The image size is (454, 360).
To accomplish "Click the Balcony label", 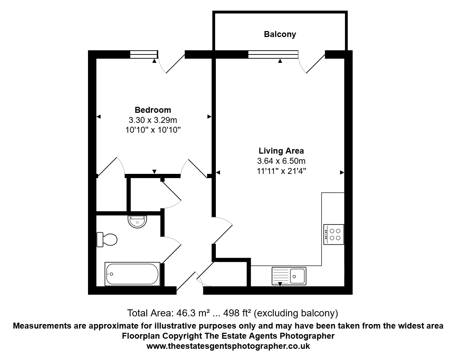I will point(280,34).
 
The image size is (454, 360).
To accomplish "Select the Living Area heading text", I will point(281,151).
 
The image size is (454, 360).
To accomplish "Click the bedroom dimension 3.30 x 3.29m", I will point(153,120).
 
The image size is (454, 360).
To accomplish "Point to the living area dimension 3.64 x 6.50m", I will point(281,161).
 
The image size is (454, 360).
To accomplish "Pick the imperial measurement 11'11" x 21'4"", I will point(281,171).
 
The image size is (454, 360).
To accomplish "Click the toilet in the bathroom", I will point(107,240).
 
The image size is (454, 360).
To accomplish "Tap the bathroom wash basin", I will point(138,221).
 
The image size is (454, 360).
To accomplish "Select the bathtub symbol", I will point(132,274).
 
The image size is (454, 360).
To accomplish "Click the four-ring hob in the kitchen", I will point(334,234).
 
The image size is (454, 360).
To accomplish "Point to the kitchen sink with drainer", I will point(289,276).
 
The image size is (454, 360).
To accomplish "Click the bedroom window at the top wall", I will point(144,54).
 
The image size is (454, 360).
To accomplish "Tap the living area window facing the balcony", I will point(273,54).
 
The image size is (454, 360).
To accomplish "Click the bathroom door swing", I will point(171,248).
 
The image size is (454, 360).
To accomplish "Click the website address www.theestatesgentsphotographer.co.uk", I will point(228,346).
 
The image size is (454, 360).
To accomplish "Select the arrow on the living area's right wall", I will point(342,172).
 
